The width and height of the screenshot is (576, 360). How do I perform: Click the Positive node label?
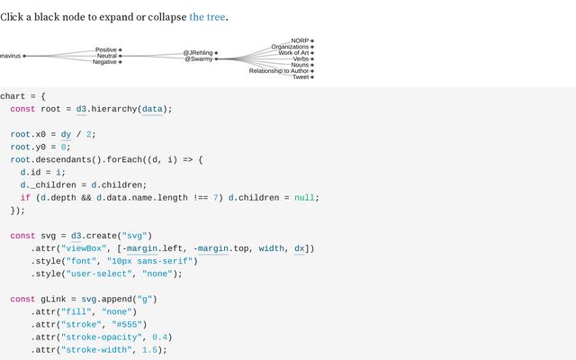click(x=105, y=49)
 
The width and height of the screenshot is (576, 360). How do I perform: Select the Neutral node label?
click(x=106, y=56)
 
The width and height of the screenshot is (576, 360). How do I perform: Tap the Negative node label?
click(x=104, y=62)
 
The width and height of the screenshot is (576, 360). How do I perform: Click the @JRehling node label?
click(x=198, y=53)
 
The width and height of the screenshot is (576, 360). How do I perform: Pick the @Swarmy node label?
click(x=198, y=59)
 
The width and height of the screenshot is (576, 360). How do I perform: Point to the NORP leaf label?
click(x=300, y=40)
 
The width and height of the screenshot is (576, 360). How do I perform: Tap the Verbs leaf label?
click(x=301, y=59)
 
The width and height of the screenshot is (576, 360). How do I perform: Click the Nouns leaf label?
click(x=300, y=65)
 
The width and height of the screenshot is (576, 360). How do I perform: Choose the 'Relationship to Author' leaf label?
click(x=279, y=71)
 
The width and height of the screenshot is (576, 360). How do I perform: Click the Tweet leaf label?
click(x=301, y=77)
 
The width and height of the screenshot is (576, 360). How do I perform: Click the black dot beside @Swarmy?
click(x=216, y=59)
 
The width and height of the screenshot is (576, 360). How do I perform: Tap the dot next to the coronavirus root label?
click(x=24, y=56)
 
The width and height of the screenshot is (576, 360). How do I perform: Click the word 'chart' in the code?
click(x=13, y=95)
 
